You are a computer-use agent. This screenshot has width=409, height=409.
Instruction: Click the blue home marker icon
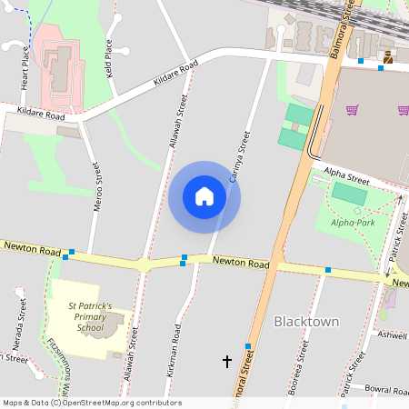pos(204,196)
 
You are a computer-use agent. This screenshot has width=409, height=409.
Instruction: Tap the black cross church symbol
pos(227,362)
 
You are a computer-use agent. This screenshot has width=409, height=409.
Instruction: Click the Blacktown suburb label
pos(306,322)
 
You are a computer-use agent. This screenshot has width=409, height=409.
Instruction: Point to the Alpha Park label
pos(352,222)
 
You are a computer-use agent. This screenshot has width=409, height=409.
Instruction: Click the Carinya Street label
pos(238,156)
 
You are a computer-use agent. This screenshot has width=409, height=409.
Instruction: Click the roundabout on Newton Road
pos(143,265)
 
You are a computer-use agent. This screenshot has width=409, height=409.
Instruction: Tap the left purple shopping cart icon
pos(352,111)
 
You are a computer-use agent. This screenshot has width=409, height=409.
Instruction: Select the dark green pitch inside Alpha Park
pos(349,194)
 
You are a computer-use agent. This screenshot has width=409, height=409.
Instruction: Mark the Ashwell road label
pos(393,335)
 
